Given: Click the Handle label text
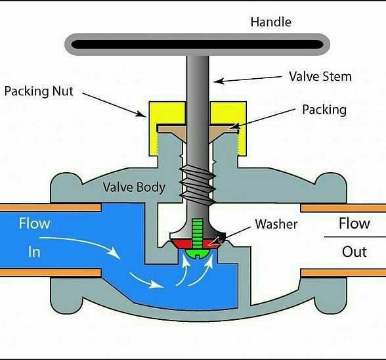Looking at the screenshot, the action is click(270, 22).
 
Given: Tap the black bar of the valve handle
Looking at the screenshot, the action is click(197, 45).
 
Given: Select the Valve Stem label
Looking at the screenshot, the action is click(320, 76).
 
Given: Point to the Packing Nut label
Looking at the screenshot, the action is click(39, 91).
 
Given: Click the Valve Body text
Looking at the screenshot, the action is click(134, 187).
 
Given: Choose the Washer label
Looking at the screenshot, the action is click(276, 224).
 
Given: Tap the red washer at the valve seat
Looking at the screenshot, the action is click(197, 244).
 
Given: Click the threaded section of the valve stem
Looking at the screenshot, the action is click(198, 183).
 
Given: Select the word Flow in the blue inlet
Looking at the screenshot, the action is click(34, 223).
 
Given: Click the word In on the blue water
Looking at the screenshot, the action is click(34, 252).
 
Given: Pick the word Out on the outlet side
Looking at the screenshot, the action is click(354, 252).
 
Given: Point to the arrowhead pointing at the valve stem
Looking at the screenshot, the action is click(219, 81).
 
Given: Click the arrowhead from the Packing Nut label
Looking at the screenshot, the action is click(142, 114).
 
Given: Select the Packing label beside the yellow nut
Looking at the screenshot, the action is click(324, 110).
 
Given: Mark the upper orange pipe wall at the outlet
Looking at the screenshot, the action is click(343, 208).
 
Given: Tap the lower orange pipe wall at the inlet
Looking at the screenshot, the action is click(51, 272).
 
